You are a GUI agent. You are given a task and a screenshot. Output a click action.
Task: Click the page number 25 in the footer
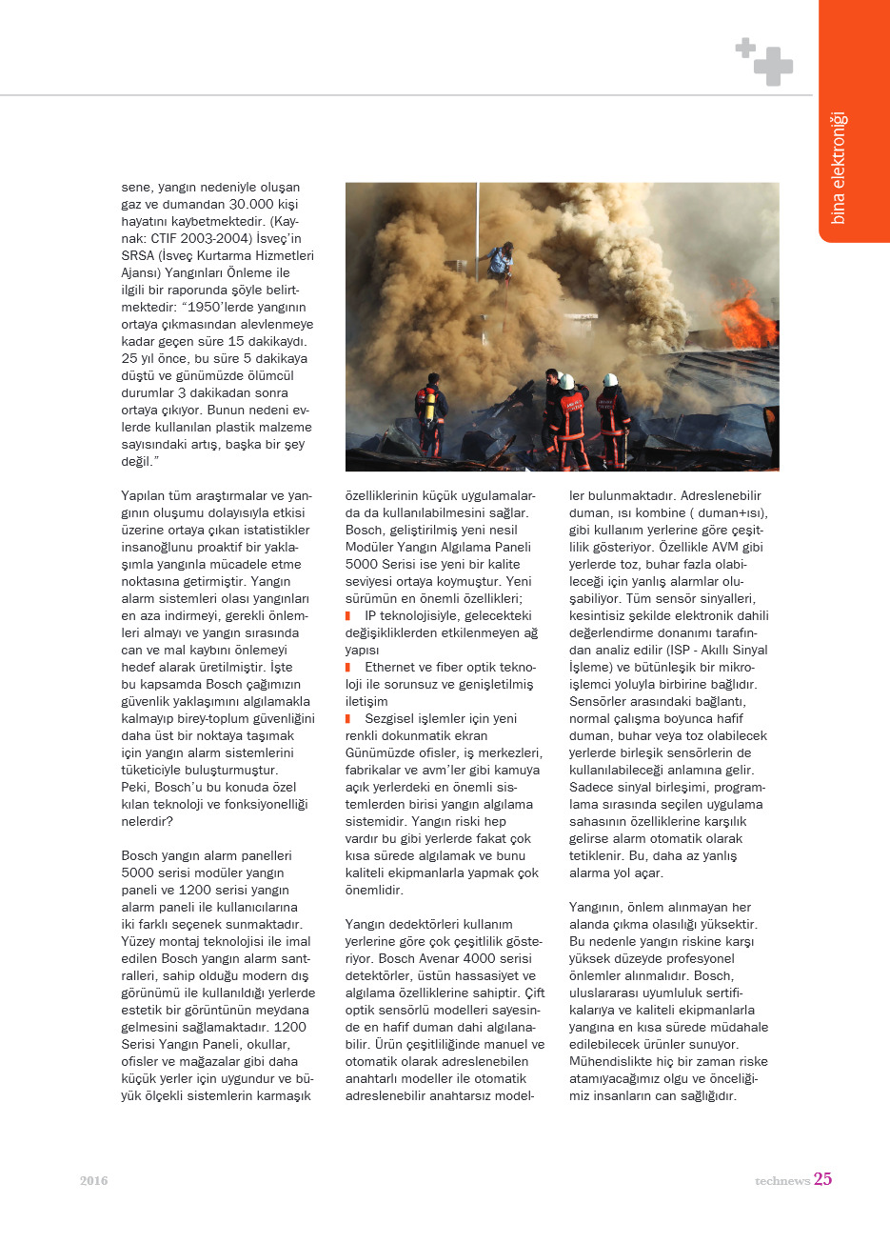(822, 1179)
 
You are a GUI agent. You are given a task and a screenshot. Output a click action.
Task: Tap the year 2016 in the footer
(94, 1181)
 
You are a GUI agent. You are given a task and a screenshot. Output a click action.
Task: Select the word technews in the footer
(782, 1181)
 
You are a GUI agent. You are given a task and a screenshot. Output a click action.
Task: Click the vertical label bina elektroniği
(839, 168)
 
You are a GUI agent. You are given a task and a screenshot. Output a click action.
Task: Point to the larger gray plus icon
(773, 66)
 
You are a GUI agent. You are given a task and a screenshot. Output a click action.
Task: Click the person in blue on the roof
(502, 259)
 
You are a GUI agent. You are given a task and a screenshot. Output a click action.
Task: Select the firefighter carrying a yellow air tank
(431, 415)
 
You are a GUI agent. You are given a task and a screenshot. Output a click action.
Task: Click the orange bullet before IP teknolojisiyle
(348, 616)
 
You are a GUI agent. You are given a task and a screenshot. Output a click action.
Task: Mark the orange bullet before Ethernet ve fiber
(348, 668)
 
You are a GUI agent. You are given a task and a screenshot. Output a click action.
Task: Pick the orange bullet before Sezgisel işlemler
(348, 719)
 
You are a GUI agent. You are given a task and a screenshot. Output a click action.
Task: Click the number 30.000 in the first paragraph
(252, 205)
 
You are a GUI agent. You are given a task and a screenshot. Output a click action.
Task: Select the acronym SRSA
(138, 256)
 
